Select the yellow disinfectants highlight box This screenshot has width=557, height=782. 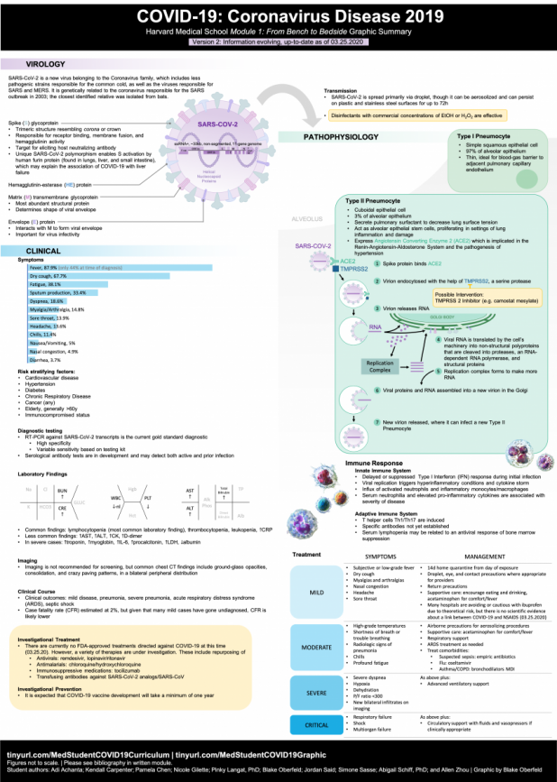click(415, 115)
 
